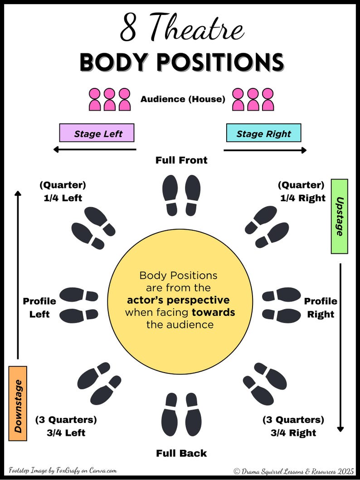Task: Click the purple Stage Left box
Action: click(x=97, y=133)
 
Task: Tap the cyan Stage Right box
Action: click(x=263, y=133)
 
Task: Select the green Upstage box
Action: click(x=339, y=216)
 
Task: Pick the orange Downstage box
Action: click(x=18, y=403)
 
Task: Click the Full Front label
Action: click(x=181, y=160)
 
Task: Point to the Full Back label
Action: click(x=181, y=453)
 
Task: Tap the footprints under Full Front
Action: click(x=181, y=195)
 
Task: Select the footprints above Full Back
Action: click(x=181, y=414)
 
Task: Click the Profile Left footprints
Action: click(x=78, y=305)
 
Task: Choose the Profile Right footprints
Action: click(x=282, y=305)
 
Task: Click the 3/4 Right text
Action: click(x=293, y=432)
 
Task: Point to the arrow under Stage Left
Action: click(x=94, y=150)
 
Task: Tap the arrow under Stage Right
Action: click(x=265, y=150)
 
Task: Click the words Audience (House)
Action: click(x=183, y=99)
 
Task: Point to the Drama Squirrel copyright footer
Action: click(x=294, y=471)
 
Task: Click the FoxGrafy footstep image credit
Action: click(x=63, y=470)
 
